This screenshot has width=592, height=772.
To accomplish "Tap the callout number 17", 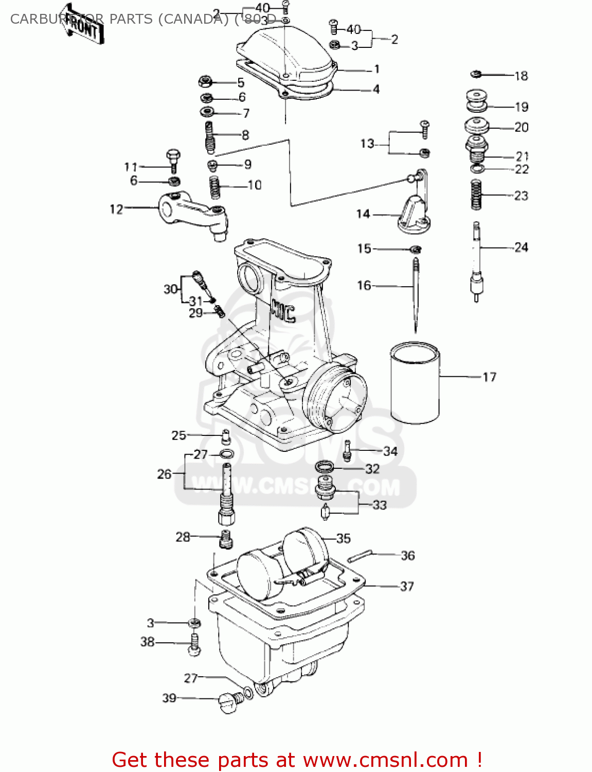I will (x=489, y=377).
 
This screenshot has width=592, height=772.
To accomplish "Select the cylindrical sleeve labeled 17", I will (x=415, y=383).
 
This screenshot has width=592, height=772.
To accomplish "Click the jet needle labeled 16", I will (x=416, y=293).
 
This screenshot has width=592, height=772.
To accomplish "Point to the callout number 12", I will (x=116, y=209).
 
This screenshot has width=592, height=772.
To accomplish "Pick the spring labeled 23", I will (x=476, y=195).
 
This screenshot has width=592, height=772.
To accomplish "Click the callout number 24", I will (x=521, y=248).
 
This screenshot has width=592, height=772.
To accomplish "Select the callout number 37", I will (x=407, y=586).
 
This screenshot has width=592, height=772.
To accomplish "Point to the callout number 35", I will (x=343, y=538).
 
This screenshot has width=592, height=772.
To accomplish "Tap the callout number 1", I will (x=376, y=69).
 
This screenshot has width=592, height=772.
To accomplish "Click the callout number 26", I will (x=164, y=474).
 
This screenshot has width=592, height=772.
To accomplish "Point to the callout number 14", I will (x=363, y=214).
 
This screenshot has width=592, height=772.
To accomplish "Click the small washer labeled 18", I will (x=476, y=75).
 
